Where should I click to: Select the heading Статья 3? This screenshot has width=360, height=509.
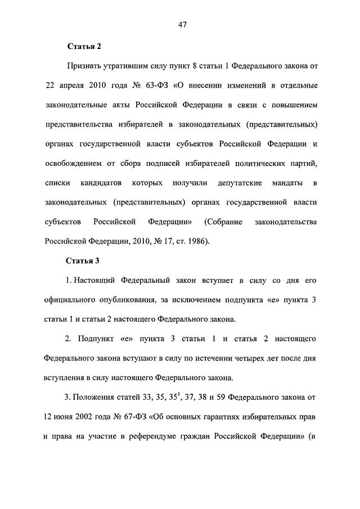(x=83, y=260)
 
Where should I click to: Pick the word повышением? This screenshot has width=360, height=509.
(x=293, y=105)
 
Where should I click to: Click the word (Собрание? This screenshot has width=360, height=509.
(x=224, y=222)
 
